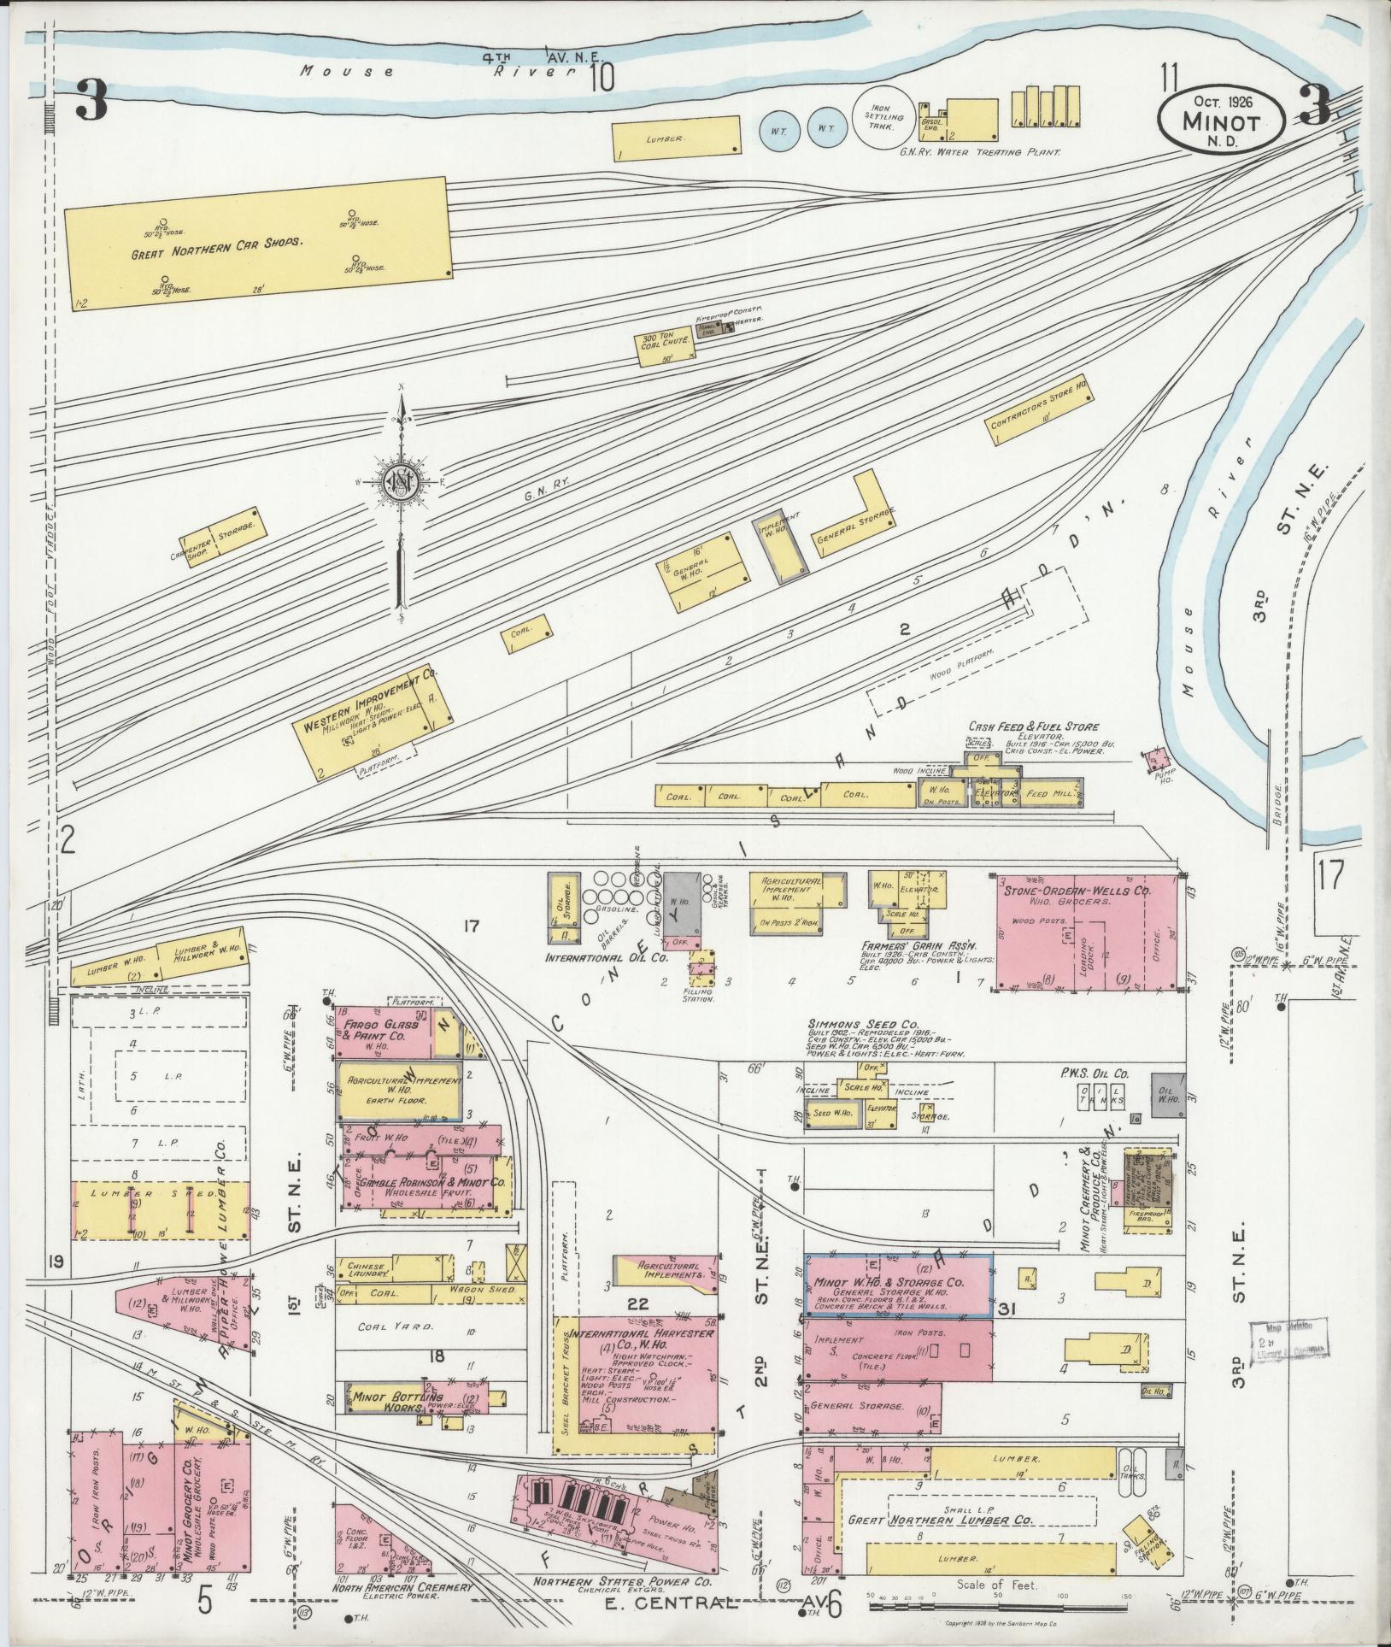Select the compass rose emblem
click(x=400, y=483)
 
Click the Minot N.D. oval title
click(x=1221, y=123)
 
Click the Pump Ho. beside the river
click(x=1159, y=757)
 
